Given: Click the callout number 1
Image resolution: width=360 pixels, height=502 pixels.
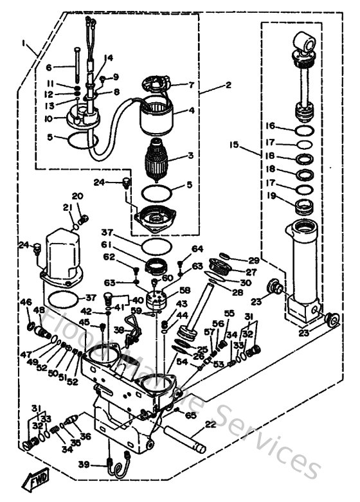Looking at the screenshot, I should (x=24, y=43).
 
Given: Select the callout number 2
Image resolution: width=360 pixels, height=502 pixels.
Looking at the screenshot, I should (x=210, y=84).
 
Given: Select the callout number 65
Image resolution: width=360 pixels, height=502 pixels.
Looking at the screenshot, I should (x=190, y=415).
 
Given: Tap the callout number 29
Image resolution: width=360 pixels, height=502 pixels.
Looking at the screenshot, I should (x=253, y=260).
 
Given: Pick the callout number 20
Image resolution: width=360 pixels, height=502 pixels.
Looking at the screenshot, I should (x=78, y=196).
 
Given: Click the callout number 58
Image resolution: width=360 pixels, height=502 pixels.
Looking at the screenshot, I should (x=186, y=291).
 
